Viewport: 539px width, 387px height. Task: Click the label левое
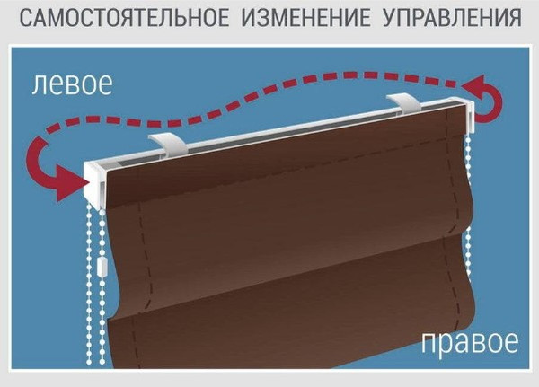(71, 86)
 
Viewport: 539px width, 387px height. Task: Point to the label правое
(470, 342)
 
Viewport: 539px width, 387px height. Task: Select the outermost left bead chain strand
(89, 287)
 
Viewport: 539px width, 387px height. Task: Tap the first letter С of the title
(24, 18)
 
